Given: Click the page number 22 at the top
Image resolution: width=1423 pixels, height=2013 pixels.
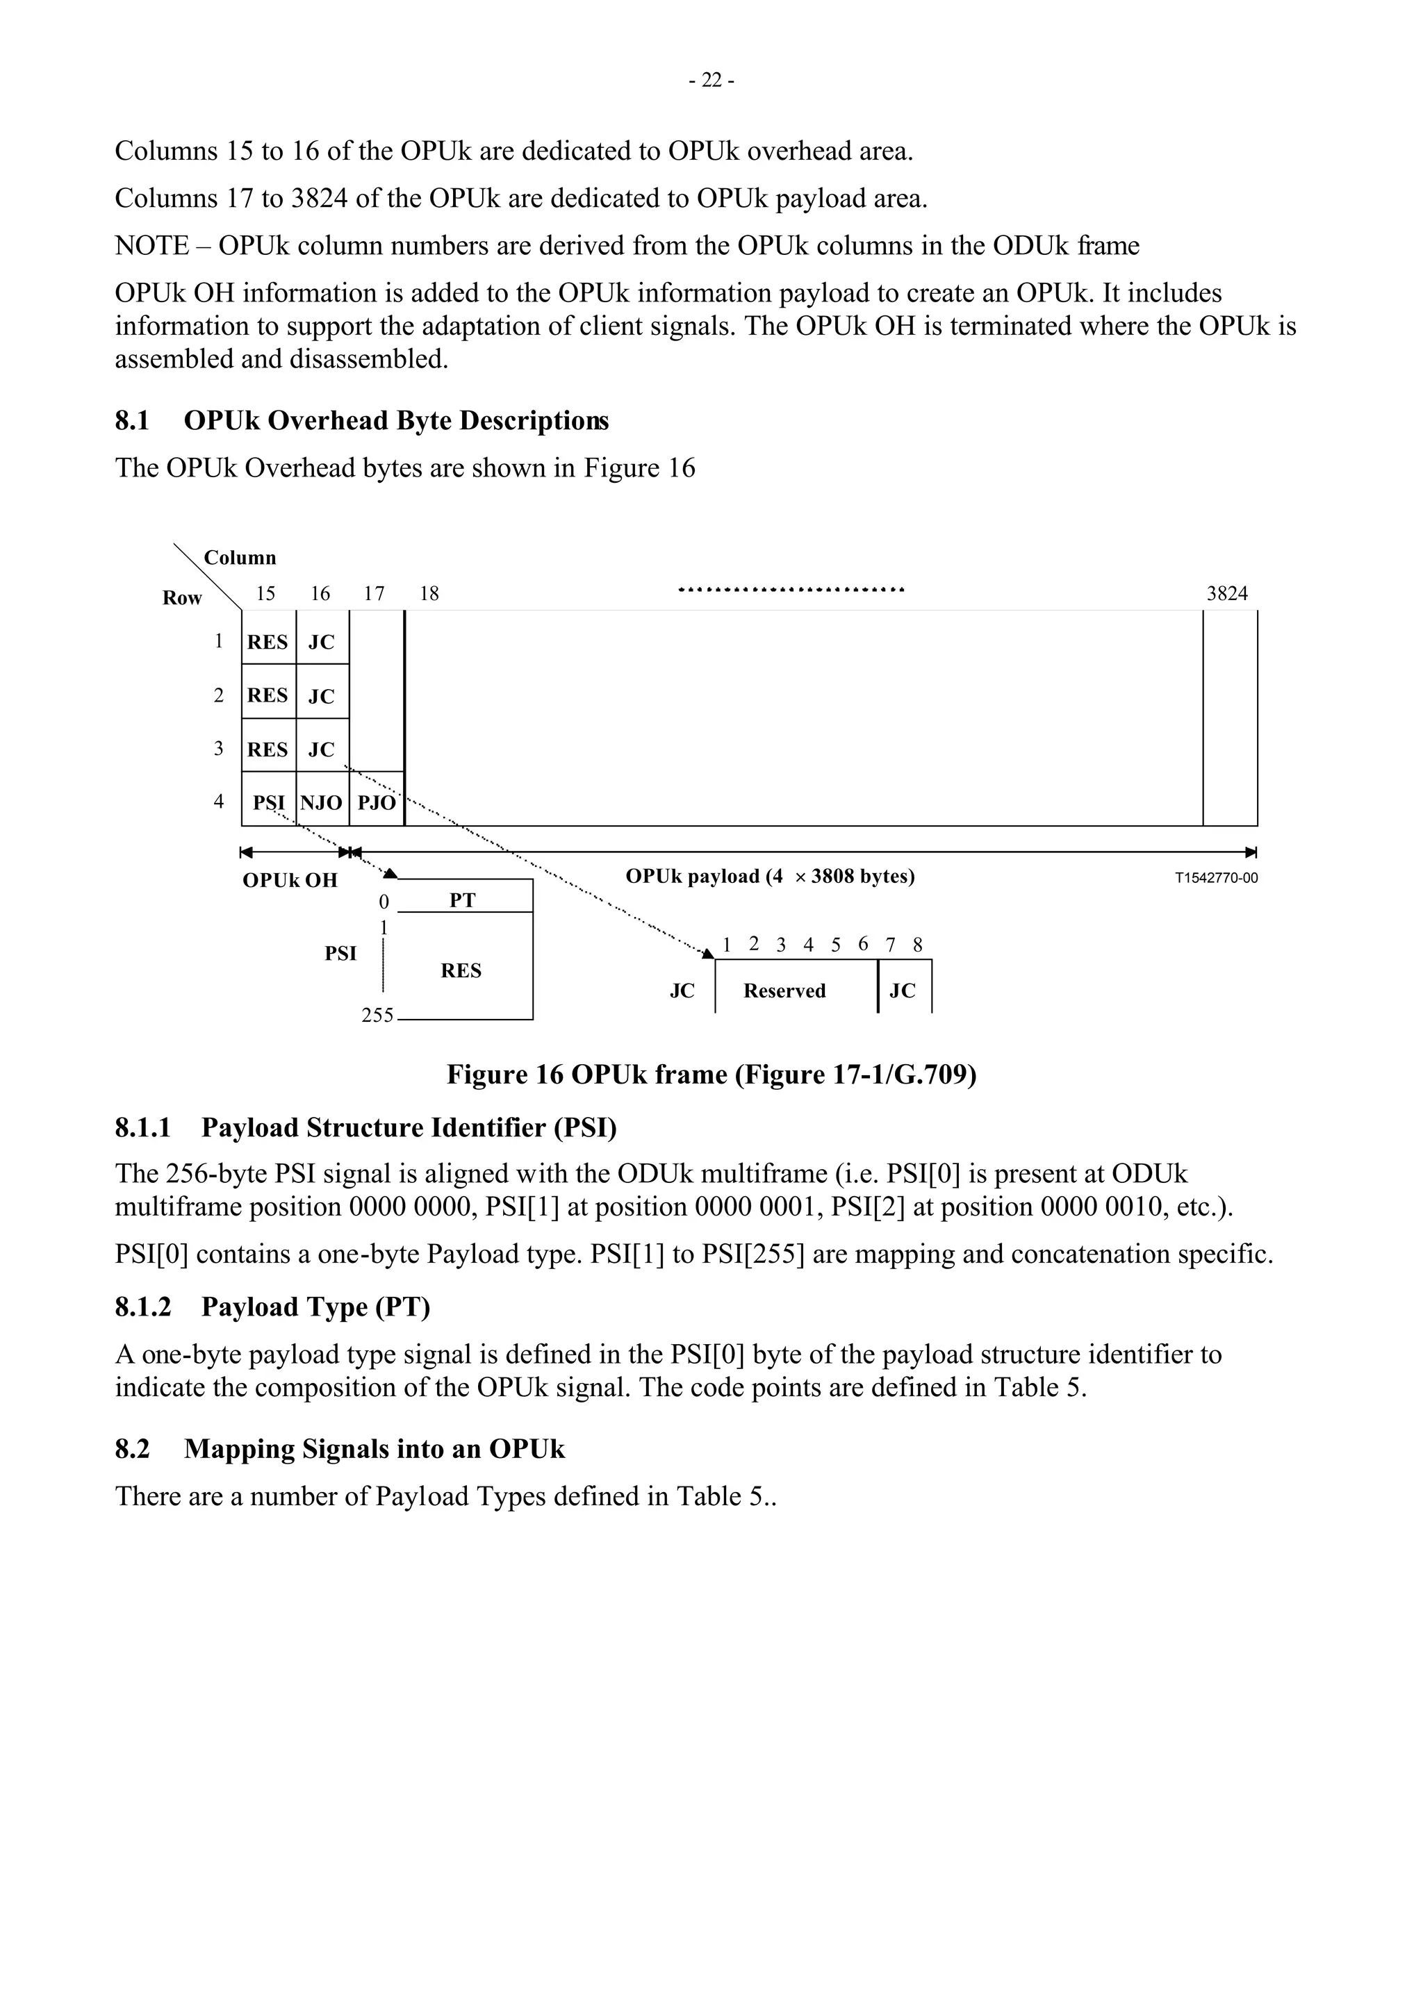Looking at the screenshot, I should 711,81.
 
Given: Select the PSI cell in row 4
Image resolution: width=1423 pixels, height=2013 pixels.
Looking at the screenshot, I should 269,802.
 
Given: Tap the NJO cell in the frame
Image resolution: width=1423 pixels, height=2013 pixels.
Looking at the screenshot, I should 322,802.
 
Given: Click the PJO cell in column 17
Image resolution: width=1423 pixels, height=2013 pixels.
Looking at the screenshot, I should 377,802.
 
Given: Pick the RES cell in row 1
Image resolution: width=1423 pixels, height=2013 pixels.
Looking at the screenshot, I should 268,642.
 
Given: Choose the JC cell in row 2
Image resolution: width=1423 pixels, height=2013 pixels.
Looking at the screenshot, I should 322,695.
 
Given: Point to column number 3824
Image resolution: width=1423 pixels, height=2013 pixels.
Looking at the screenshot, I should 1226,594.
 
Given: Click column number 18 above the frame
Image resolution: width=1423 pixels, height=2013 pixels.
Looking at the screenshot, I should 429,594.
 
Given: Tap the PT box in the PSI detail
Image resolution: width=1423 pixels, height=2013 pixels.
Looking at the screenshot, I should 462,900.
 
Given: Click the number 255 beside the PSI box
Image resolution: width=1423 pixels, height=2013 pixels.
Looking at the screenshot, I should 377,1016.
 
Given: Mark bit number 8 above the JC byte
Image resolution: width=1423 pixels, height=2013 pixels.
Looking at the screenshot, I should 917,945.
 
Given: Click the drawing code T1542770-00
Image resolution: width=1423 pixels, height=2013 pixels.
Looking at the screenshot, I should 1215,877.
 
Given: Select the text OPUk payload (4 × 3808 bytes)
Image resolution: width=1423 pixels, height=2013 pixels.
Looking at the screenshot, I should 770,877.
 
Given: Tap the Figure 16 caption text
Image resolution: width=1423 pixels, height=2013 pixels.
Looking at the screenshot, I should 711,1074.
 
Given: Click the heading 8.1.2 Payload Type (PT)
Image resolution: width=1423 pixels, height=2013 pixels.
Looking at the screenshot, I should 272,1307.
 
